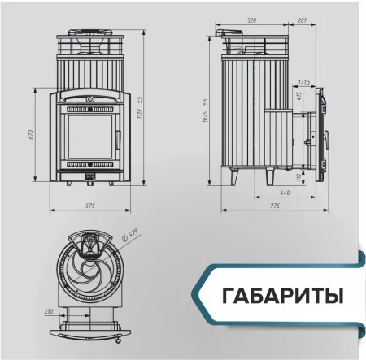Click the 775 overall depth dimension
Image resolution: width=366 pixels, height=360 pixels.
pyautogui.click(x=274, y=206)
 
